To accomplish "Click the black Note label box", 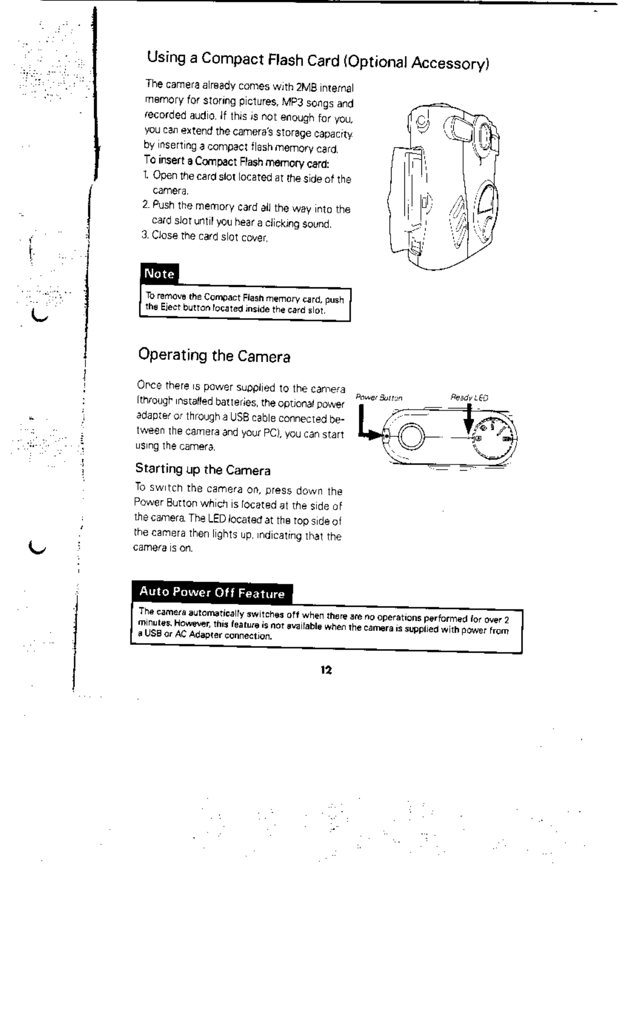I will pos(159,273).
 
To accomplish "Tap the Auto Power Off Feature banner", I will pos(212,593).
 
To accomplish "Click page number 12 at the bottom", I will pos(326,670).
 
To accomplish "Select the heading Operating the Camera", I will pos(214,356).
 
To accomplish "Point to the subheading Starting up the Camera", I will pos(202,470).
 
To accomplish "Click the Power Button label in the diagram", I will pos(379,397).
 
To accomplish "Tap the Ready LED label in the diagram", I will pos(469,397).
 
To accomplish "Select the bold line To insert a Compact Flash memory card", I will pos(237,163).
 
